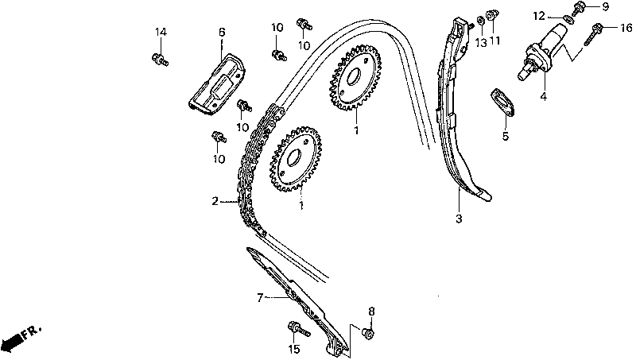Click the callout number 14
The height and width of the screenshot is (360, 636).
click(161, 32)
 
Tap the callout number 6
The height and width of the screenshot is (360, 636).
click(222, 32)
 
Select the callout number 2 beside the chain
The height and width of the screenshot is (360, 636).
click(215, 201)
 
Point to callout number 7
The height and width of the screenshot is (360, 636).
click(259, 298)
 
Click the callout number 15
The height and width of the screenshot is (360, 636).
click(293, 348)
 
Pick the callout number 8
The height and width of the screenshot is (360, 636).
click(370, 311)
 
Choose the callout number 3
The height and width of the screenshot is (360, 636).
click(459, 217)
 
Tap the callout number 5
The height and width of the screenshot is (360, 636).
click(504, 136)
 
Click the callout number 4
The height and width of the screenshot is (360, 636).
click(543, 97)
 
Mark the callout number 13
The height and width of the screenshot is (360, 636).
click(481, 41)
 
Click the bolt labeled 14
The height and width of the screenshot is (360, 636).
click(158, 57)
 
